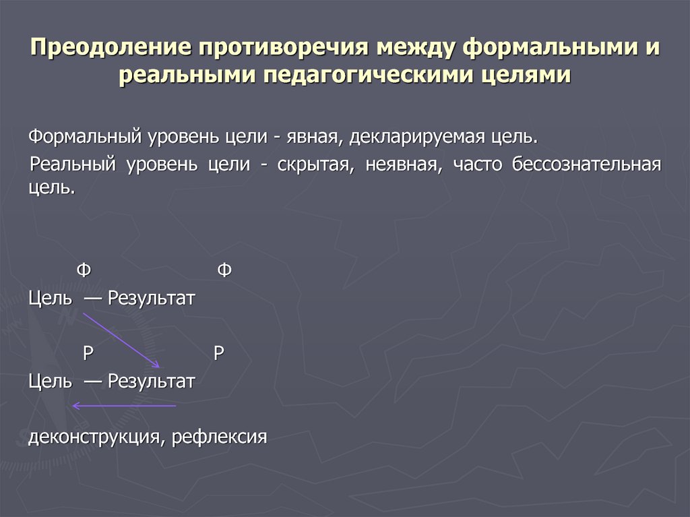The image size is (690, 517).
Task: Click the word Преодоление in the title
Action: click(107, 49)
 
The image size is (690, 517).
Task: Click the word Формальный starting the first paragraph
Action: click(84, 137)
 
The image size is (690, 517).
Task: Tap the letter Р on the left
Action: click(87, 354)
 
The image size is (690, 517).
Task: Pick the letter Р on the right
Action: click(218, 354)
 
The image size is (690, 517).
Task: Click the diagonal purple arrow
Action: click(121, 340)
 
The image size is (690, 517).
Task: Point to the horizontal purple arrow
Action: click(124, 406)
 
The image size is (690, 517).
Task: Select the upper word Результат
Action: click(151, 298)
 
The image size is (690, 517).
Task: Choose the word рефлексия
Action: click(220, 436)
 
